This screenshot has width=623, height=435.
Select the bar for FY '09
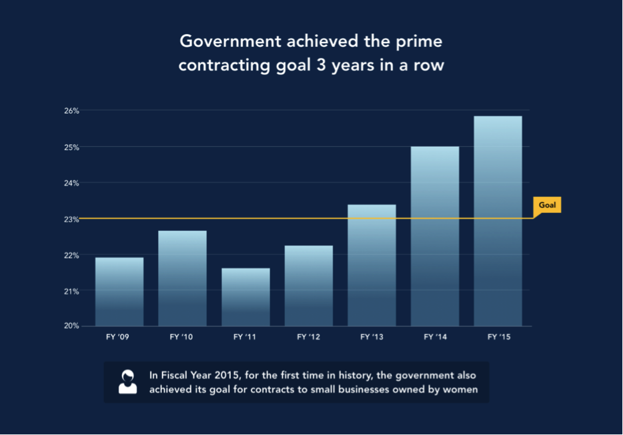(x=119, y=292)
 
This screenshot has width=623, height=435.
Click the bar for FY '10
(x=182, y=278)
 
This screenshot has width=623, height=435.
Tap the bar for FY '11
(x=245, y=297)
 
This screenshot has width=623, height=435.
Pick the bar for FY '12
(x=309, y=286)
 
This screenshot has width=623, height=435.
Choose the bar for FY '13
(x=372, y=265)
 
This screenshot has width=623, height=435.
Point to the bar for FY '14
(x=435, y=236)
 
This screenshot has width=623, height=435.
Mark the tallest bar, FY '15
(x=498, y=221)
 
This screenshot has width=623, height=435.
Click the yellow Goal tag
(x=547, y=205)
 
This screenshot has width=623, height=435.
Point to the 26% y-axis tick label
(x=71, y=111)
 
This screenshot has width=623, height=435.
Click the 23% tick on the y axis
(x=71, y=219)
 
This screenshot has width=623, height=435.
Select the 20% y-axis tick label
(x=71, y=326)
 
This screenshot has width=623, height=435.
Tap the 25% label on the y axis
(x=71, y=147)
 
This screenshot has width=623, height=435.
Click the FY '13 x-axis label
(x=372, y=338)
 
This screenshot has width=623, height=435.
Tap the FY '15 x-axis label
(x=498, y=338)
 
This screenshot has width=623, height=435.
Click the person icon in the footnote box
(x=127, y=382)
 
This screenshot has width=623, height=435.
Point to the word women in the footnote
(x=461, y=390)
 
